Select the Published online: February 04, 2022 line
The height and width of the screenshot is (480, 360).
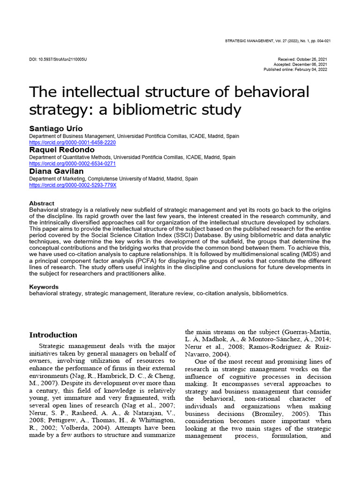pyautogui.click(x=295, y=70)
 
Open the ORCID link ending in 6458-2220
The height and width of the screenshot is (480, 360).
pyautogui.click(x=72, y=142)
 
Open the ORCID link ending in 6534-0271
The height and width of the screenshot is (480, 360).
pyautogui.click(x=72, y=164)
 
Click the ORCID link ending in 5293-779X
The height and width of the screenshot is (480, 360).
pyautogui.click(x=72, y=185)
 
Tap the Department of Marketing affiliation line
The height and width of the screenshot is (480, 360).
pyautogui.click(x=113, y=179)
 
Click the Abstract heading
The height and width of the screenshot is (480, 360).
pyautogui.click(x=42, y=203)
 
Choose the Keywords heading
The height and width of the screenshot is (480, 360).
pyautogui.click(x=44, y=287)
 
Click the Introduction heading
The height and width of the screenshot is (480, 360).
pyautogui.click(x=53, y=335)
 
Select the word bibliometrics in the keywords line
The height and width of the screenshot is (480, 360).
pyautogui.click(x=270, y=293)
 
